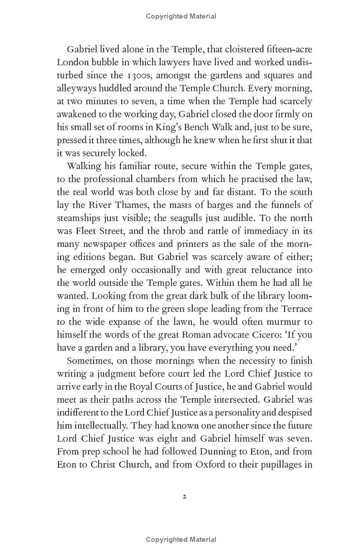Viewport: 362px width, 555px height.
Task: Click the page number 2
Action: tap(184, 496)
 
